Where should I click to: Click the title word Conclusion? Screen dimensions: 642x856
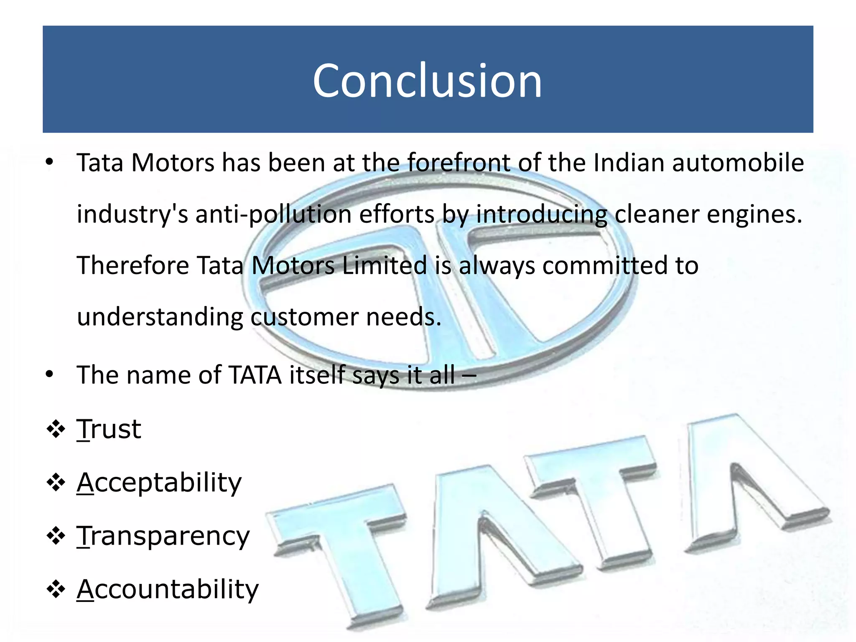[427, 80]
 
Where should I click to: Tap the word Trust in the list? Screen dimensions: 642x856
[109, 429]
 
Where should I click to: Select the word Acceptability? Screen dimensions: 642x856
[159, 483]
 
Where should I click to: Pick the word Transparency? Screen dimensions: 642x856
[163, 536]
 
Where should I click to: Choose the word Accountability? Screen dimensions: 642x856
[168, 589]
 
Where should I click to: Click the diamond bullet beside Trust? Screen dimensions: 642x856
[56, 429]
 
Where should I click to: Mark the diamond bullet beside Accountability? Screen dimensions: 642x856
[56, 589]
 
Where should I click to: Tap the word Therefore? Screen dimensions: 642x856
[133, 265]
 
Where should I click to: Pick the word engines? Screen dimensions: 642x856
[754, 214]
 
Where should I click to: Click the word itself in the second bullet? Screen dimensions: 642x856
[317, 374]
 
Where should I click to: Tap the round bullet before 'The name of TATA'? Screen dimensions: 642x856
[50, 374]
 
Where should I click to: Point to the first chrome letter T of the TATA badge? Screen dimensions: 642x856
[339, 552]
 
